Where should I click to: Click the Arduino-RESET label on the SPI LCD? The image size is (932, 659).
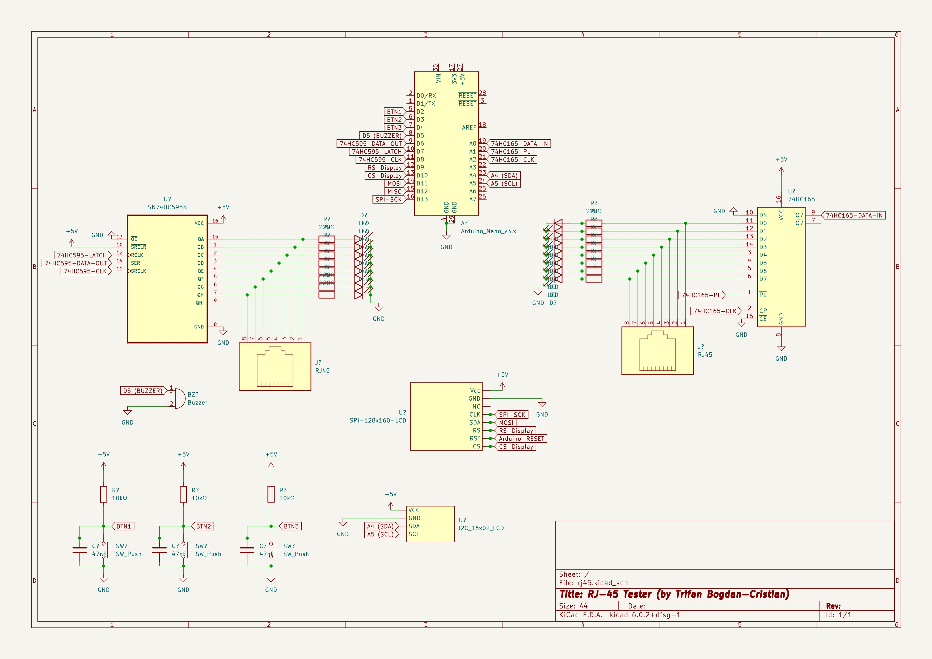pyautogui.click(x=521, y=439)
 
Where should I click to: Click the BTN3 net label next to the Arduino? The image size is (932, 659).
pyautogui.click(x=394, y=128)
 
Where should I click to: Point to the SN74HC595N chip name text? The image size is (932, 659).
pyautogui.click(x=167, y=207)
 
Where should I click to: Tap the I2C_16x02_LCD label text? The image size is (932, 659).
pyautogui.click(x=481, y=528)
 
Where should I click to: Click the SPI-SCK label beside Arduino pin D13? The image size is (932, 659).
pyautogui.click(x=389, y=200)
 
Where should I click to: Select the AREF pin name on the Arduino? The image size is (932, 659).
pyautogui.click(x=469, y=128)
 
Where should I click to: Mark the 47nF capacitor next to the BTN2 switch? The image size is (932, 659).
pyautogui.click(x=159, y=550)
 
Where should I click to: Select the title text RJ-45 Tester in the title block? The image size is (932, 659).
pyautogui.click(x=674, y=594)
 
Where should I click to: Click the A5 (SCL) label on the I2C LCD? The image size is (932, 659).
pyautogui.click(x=380, y=534)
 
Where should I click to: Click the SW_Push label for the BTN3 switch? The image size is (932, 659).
pyautogui.click(x=296, y=554)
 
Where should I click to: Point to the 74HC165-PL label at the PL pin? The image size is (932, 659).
pyautogui.click(x=701, y=295)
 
